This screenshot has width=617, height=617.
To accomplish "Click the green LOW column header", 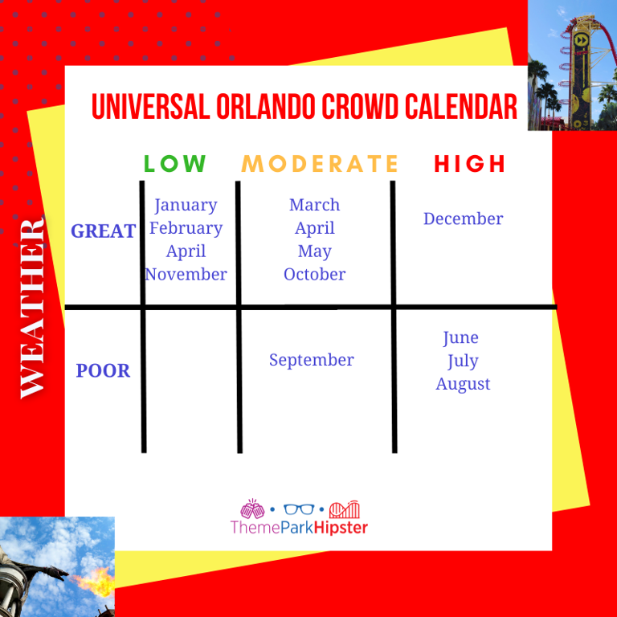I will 175,164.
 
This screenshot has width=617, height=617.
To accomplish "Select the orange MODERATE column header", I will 320,164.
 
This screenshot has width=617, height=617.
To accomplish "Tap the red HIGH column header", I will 470,164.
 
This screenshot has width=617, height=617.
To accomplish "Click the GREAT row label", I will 103,231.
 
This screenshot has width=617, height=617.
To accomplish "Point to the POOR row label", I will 103,371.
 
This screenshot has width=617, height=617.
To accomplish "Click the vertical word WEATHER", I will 33,307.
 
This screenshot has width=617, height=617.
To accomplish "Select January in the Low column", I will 186,205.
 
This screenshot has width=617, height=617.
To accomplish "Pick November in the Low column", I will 186,275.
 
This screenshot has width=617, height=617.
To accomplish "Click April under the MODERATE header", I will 315,228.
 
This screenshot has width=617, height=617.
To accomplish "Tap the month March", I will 315,205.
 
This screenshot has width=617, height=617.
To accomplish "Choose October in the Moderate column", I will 315,275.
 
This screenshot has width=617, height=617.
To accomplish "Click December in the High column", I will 464,219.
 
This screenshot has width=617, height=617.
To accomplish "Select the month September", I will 311,360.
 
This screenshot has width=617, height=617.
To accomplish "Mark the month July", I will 463,361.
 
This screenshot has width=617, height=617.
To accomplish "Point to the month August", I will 463,384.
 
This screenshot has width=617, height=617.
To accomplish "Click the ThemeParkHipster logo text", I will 299,528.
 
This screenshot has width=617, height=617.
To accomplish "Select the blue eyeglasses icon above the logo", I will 299,509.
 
